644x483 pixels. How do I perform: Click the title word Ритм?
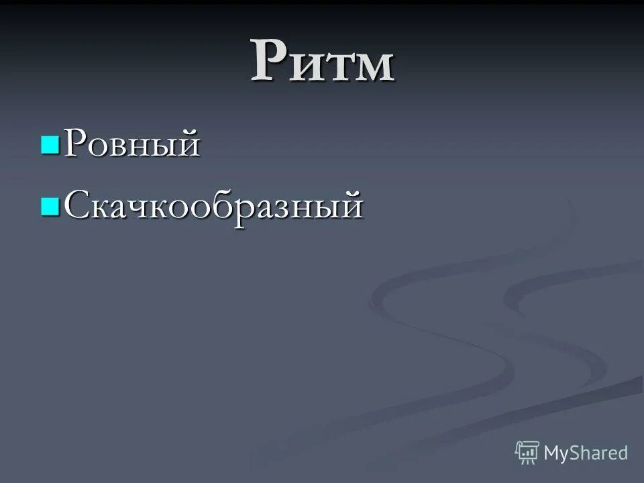[323, 62]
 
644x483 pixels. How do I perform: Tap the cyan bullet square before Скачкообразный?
[50, 205]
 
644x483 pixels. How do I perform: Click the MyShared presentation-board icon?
[527, 453]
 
